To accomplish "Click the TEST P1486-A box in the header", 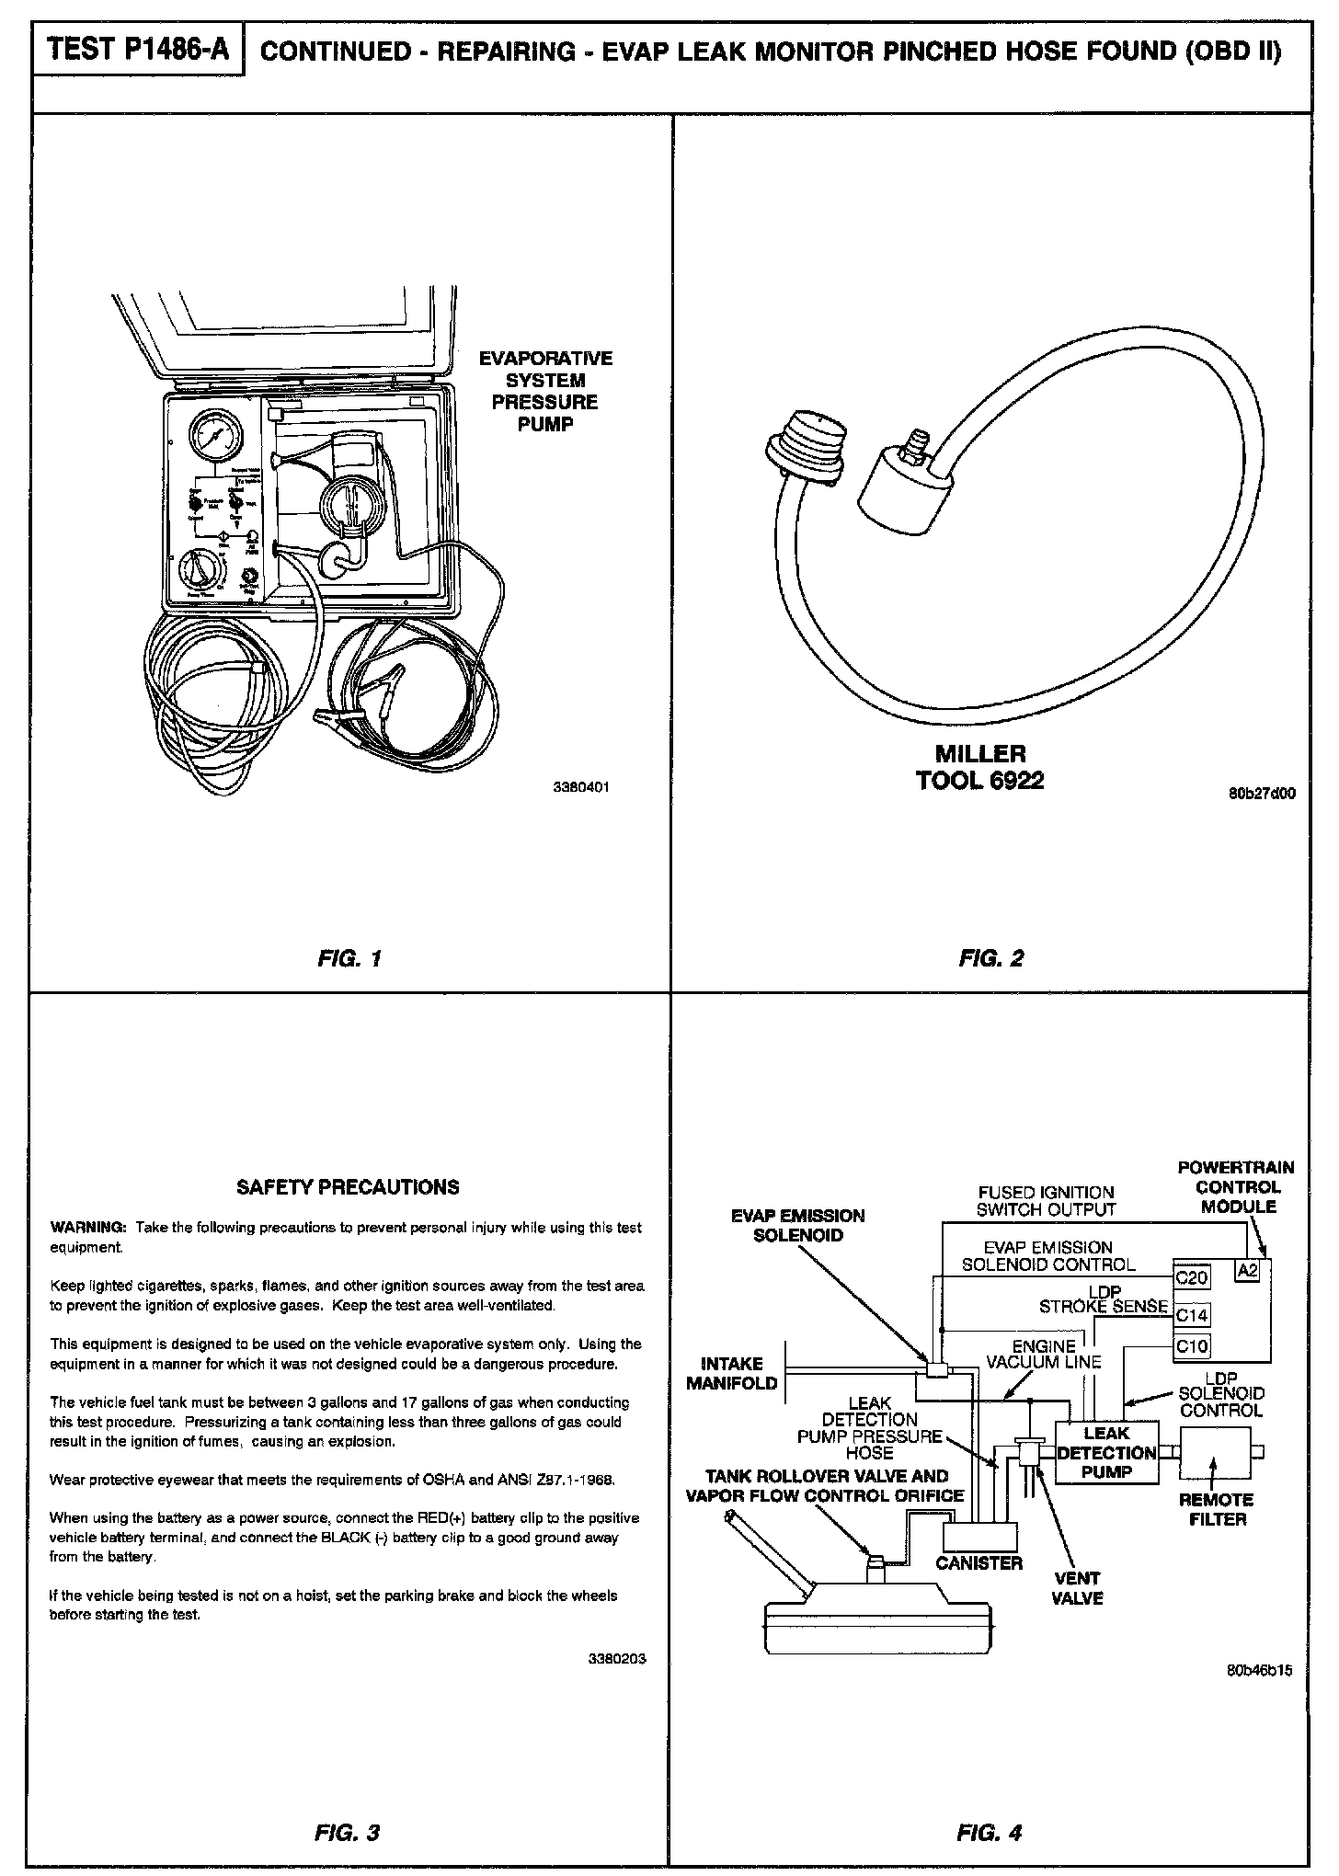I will [x=138, y=50].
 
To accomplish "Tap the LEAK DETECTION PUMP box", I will [x=1106, y=1452].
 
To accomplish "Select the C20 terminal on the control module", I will [x=1192, y=1277].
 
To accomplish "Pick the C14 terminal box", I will [x=1192, y=1315].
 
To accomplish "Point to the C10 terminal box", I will [x=1192, y=1347].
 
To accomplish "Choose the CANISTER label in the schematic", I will [x=978, y=1562].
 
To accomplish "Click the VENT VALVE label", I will [x=1077, y=1588].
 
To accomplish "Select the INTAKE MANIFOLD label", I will [x=732, y=1373].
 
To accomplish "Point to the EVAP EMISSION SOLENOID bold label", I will [x=797, y=1225].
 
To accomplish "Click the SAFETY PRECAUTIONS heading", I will [x=348, y=1187].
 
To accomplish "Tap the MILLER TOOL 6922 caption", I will [x=979, y=767].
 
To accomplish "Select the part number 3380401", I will [x=581, y=788].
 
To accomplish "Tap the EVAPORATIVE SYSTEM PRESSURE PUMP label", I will [x=545, y=391].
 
